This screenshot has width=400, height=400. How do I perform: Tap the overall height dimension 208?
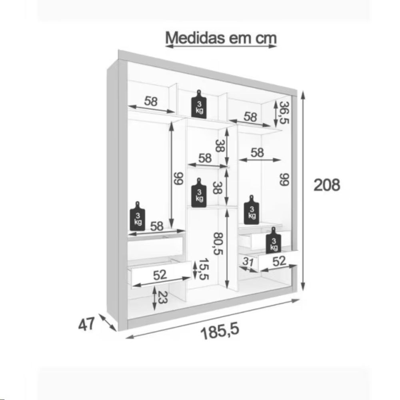point(327,185)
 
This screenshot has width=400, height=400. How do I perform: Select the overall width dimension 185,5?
point(220,331)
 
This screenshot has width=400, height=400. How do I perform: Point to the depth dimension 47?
point(86,324)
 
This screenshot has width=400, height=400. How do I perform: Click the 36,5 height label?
point(284,112)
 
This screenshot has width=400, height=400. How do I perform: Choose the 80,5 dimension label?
point(219,244)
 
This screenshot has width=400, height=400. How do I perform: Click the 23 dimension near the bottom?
point(162,298)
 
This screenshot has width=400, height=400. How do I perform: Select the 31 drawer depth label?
point(248,262)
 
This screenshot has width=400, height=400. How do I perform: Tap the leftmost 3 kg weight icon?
point(138,216)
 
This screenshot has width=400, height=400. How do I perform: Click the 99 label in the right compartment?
point(284,179)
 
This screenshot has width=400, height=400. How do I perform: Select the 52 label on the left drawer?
point(160,275)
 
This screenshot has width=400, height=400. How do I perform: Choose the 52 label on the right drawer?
point(279,261)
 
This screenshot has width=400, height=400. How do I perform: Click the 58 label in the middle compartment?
point(205,158)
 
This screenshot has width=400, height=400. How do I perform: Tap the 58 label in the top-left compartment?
point(151,101)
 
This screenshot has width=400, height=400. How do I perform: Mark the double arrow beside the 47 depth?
point(108,322)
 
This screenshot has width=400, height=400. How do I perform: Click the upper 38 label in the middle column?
point(220,146)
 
